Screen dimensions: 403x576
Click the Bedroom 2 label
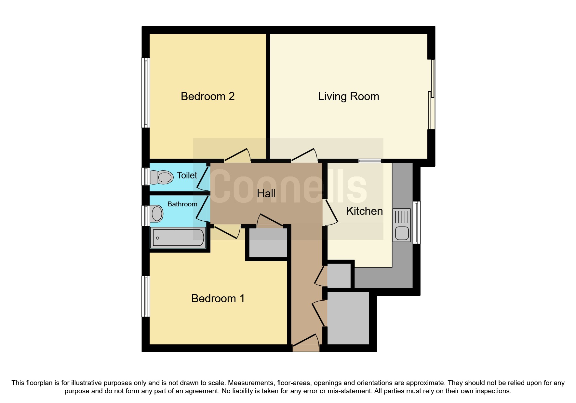tap(208, 97)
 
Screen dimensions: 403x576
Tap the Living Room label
tap(348, 97)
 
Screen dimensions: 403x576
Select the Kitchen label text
tap(364, 211)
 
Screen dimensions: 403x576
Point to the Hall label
tap(266, 194)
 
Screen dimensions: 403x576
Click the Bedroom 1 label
tap(218, 298)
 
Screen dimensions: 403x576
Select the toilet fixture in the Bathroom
tap(156, 214)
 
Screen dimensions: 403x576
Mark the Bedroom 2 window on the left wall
tap(146, 93)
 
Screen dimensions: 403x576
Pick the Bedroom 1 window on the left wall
tap(146, 296)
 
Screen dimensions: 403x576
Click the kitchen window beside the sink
tap(417, 223)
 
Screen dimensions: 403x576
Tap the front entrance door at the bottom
tap(306, 343)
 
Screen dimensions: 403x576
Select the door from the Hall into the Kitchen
tap(331, 213)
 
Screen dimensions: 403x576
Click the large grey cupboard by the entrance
tap(348, 318)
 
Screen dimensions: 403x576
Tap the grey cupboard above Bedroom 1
tap(268, 242)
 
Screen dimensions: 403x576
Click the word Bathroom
tap(182, 204)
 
